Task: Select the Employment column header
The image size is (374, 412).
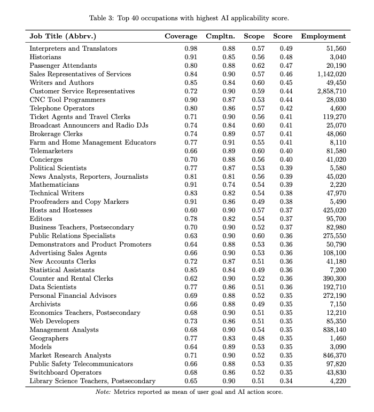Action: coord(323,36)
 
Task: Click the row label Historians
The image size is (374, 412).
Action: coord(45,57)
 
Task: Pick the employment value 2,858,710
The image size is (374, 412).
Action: coord(328,91)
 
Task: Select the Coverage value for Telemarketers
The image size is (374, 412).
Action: coord(190,151)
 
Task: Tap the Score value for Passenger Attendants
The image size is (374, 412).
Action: coord(286,66)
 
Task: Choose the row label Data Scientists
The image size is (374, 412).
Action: coord(53,287)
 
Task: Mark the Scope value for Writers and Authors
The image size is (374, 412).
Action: coord(258,83)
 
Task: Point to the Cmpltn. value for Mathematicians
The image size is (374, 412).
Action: coord(229,185)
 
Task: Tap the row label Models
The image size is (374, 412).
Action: coord(41,347)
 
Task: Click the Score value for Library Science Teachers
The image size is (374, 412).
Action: coord(286,381)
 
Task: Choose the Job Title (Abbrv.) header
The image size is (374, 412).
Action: coord(63,36)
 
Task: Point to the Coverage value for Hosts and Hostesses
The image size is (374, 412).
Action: coord(190,210)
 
